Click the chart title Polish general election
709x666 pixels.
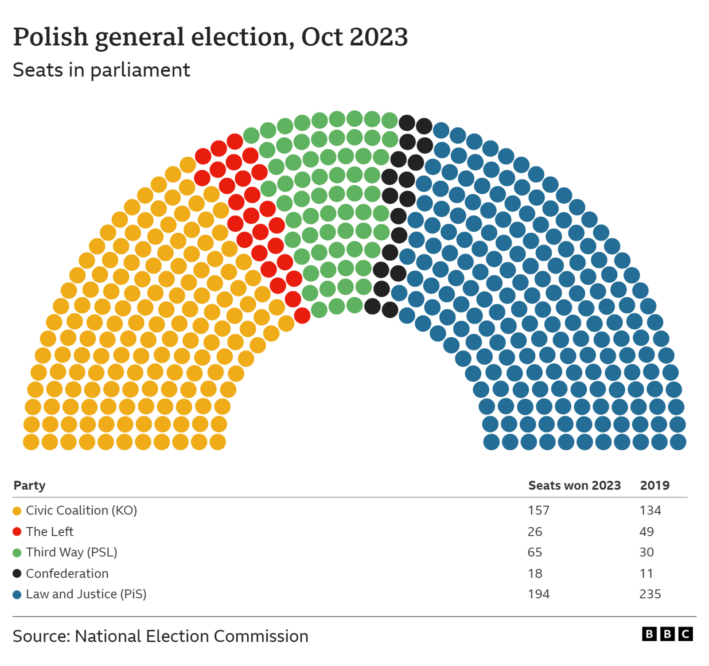pyautogui.click(x=210, y=37)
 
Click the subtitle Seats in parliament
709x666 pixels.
pyautogui.click(x=101, y=70)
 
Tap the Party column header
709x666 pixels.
pyautogui.click(x=29, y=485)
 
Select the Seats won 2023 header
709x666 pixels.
pyautogui.click(x=574, y=485)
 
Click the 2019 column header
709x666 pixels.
pyautogui.click(x=654, y=485)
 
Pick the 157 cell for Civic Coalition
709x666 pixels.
pyautogui.click(x=538, y=510)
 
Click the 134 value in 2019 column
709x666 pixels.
pyautogui.click(x=650, y=510)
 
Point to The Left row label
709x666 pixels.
pyautogui.click(x=50, y=531)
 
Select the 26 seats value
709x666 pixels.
pyautogui.click(x=534, y=531)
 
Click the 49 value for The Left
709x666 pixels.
pyautogui.click(x=646, y=531)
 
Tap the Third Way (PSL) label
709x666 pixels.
pyautogui.click(x=71, y=552)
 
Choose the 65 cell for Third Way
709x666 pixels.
pyautogui.click(x=534, y=552)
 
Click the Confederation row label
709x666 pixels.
pyautogui.click(x=67, y=573)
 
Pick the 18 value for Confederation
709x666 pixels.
pyautogui.click(x=534, y=573)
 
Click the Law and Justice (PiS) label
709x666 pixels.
pyautogui.click(x=86, y=594)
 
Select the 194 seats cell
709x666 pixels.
pyautogui.click(x=538, y=594)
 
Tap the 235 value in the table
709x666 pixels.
pyautogui.click(x=650, y=594)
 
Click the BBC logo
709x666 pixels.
pyautogui.click(x=667, y=634)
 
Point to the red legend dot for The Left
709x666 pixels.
pyautogui.click(x=17, y=531)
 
